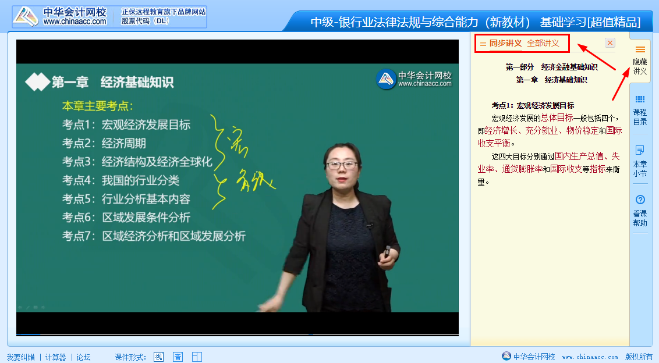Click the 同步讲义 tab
coord(505,43)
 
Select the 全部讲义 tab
coord(543,43)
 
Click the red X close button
coord(610,43)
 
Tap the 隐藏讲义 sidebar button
coord(640,61)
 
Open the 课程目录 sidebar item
coord(640,111)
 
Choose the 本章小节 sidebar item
coord(640,162)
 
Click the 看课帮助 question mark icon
coord(640,200)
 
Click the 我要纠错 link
coord(21,357)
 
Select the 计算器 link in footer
coord(55,357)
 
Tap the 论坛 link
coord(83,357)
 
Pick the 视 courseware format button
coord(158,357)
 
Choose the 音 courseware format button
coord(178,357)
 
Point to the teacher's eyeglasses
coord(342,165)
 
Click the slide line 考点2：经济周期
coord(104,143)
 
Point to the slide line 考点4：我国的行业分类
coord(121,180)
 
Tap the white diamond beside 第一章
coord(37,82)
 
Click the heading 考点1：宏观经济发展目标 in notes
coord(533,105)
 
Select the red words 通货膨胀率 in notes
coord(522,169)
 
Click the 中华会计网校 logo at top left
coord(61,17)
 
